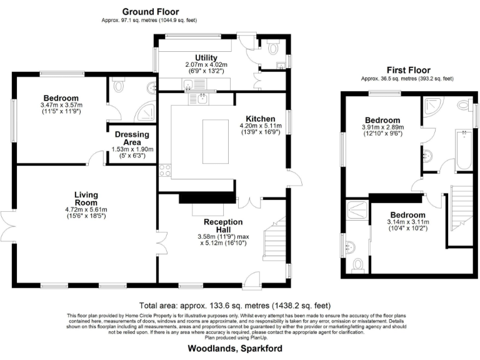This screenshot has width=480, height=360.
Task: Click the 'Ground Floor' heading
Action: click(x=150, y=11)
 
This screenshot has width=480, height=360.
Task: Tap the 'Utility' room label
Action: click(x=206, y=57)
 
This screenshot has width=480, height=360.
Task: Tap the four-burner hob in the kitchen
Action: click(x=164, y=169)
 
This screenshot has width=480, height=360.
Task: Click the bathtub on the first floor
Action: click(x=464, y=150)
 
